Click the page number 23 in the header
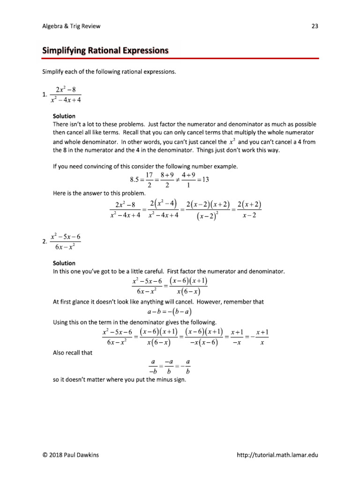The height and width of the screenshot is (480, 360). click(315, 26)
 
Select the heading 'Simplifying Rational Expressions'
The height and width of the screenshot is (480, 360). click(105, 50)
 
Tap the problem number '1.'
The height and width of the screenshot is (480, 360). click(45, 95)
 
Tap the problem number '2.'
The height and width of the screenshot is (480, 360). click(45, 241)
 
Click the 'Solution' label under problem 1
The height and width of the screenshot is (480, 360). click(64, 116)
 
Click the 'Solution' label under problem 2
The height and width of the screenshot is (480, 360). click(64, 263)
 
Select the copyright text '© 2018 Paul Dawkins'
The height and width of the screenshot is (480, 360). click(73, 455)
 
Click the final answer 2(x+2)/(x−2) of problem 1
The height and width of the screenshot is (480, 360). click(249, 210)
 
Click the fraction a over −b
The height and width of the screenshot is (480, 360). click(152, 366)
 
